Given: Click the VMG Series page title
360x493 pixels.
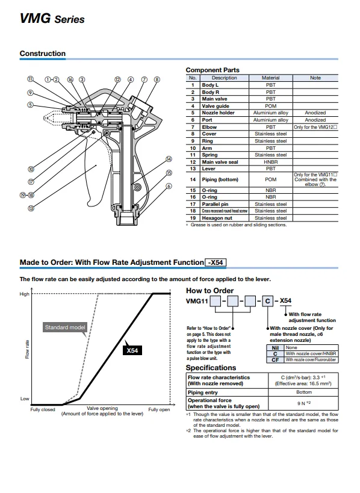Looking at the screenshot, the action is (x=52, y=18).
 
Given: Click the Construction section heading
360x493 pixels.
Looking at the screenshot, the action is (x=43, y=54).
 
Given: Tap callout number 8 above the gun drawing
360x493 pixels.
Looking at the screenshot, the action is (x=157, y=79).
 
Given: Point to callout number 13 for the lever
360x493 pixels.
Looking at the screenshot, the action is (x=31, y=208).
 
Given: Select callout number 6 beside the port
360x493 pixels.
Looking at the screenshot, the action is (x=169, y=186).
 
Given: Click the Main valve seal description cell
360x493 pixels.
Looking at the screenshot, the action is (x=220, y=162).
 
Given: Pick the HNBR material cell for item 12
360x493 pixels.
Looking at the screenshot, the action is (x=270, y=162).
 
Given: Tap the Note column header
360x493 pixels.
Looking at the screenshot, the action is (x=315, y=78).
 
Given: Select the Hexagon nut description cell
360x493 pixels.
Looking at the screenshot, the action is (x=217, y=218).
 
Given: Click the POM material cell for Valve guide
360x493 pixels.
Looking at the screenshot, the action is (x=270, y=106).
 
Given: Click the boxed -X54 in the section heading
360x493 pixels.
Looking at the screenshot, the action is (x=216, y=262).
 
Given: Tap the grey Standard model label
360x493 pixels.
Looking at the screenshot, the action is (x=65, y=327).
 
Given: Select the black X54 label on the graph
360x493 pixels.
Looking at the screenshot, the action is (x=132, y=350).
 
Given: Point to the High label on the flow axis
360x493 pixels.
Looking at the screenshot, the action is (x=25, y=294).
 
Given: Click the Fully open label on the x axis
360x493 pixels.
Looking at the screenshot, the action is (x=159, y=410).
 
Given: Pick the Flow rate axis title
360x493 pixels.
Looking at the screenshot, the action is (x=27, y=349).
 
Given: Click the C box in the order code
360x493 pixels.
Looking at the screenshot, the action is (x=267, y=301).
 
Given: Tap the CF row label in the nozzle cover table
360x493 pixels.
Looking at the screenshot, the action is (x=275, y=360).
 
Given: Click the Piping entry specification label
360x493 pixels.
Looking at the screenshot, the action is (x=203, y=392).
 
